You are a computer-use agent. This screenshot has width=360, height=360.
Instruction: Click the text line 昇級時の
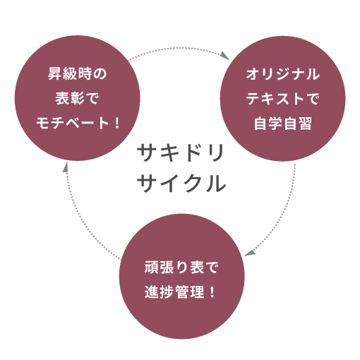(77, 73)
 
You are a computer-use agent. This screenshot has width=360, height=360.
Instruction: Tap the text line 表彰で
(77, 98)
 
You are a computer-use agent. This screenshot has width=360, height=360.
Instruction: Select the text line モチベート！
(78, 123)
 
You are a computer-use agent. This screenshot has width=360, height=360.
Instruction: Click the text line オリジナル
(282, 73)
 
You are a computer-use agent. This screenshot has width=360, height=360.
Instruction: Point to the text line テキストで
(282, 98)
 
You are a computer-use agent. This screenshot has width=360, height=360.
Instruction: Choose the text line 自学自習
(282, 123)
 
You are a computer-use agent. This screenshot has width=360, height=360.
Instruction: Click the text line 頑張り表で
(181, 268)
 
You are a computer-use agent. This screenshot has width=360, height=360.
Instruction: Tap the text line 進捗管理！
(180, 292)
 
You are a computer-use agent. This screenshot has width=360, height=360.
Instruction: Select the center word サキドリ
(181, 152)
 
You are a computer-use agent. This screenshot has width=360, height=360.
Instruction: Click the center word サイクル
(181, 184)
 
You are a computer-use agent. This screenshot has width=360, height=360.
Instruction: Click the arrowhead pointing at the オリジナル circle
(225, 56)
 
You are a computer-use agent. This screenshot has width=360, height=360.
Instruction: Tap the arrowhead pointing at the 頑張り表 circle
(250, 253)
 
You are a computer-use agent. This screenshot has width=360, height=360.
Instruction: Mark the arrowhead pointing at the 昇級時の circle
(66, 167)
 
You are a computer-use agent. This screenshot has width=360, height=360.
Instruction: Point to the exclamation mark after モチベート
(117, 123)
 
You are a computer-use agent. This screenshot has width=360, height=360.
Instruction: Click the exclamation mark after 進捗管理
(212, 292)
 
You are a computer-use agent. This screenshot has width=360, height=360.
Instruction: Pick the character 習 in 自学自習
(305, 123)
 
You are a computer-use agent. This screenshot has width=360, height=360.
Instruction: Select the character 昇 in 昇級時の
(55, 73)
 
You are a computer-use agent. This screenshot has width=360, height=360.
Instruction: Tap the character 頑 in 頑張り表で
(151, 268)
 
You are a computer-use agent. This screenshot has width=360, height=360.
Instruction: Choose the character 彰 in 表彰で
(77, 98)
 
